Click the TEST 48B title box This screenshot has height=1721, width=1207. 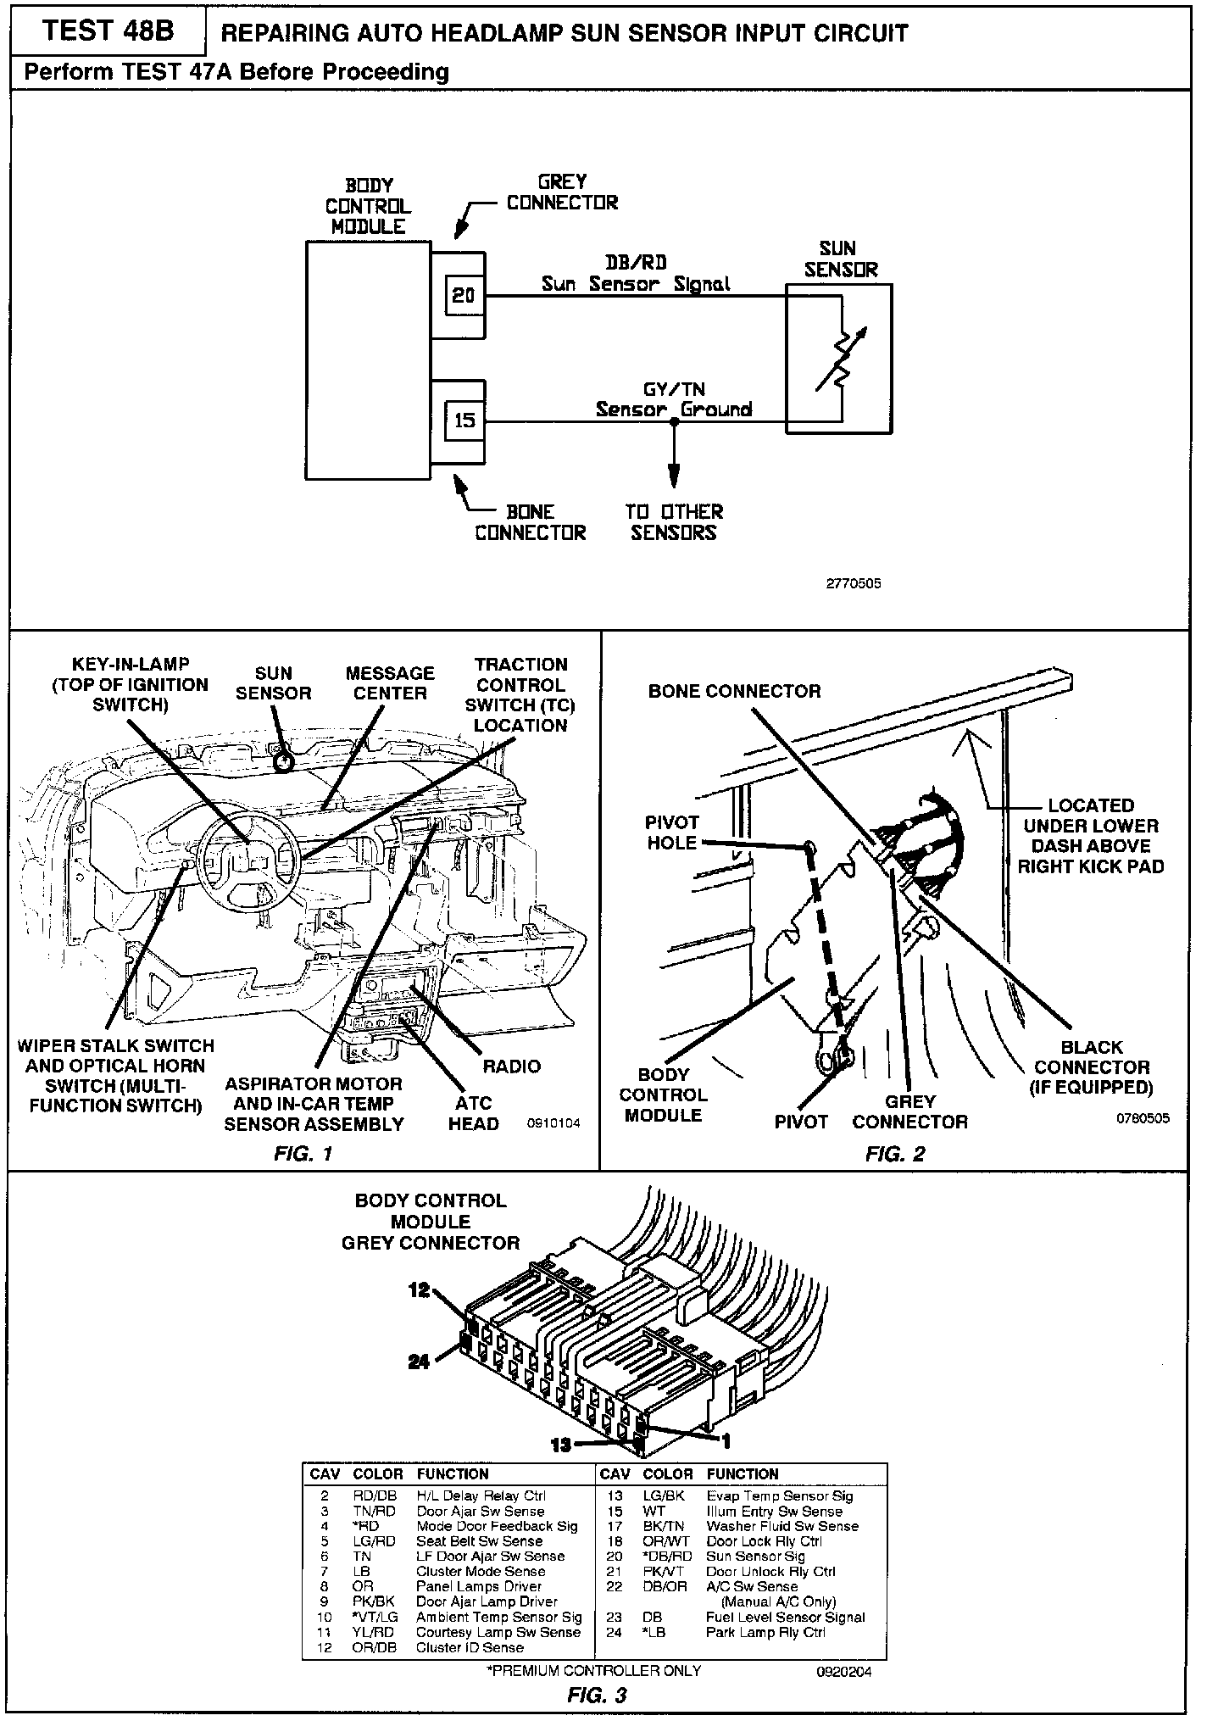pyautogui.click(x=108, y=31)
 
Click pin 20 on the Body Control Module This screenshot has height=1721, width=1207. pyautogui.click(x=464, y=295)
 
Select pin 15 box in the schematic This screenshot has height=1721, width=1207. pyautogui.click(x=464, y=420)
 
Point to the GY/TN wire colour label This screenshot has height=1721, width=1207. pyautogui.click(x=674, y=389)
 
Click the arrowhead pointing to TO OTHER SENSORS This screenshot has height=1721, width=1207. pyautogui.click(x=674, y=479)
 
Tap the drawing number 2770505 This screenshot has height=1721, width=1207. pyautogui.click(x=854, y=583)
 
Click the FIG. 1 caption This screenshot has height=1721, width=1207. pyautogui.click(x=303, y=1153)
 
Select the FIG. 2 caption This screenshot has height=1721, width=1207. pyautogui.click(x=895, y=1153)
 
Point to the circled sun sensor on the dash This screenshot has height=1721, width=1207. pyautogui.click(x=284, y=761)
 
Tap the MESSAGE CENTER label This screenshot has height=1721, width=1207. pyautogui.click(x=390, y=683)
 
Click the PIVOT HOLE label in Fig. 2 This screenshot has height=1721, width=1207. pyautogui.click(x=671, y=833)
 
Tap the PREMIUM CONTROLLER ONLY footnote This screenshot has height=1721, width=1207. pyautogui.click(x=593, y=1670)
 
